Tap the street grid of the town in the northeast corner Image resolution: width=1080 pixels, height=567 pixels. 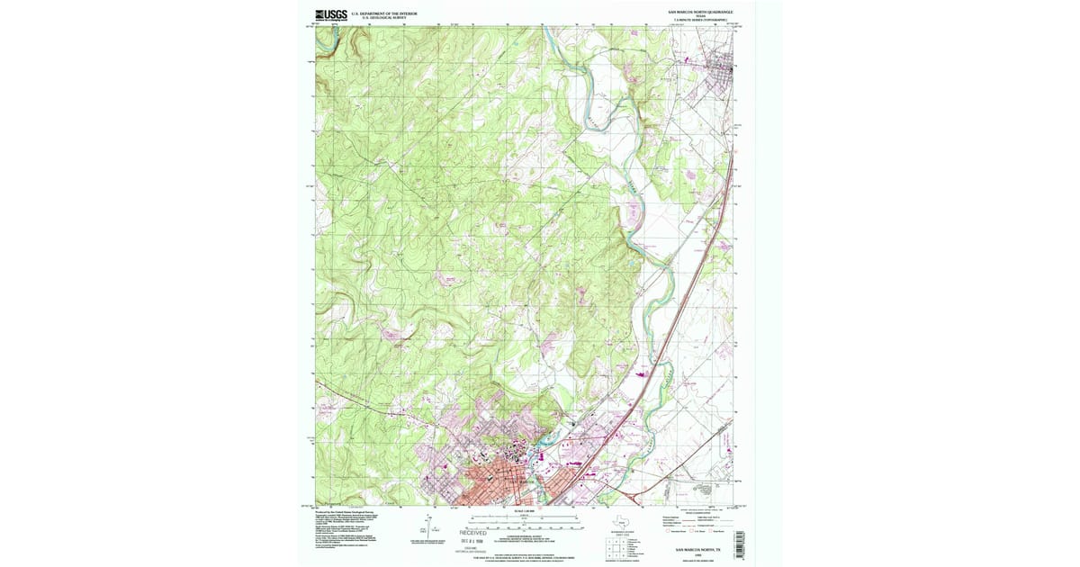click(x=719, y=77)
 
